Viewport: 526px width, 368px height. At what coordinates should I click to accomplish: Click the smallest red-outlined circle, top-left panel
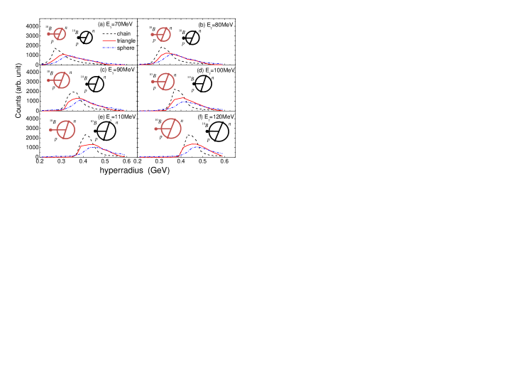pyautogui.click(x=60, y=34)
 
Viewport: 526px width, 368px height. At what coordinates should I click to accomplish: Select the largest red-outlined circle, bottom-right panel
pyautogui.click(x=171, y=129)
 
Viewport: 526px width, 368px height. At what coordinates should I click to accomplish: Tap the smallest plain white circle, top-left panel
pyautogui.click(x=86, y=38)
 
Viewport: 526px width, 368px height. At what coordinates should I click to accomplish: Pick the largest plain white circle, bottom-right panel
pyautogui.click(x=219, y=131)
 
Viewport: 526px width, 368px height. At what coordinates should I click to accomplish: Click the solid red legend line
pyautogui.click(x=109, y=40)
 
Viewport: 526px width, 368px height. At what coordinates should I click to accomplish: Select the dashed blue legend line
pyautogui.click(x=109, y=48)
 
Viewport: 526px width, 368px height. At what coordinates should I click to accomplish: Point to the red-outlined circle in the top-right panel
pyautogui.click(x=163, y=34)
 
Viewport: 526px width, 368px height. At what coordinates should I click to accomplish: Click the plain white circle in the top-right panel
pyautogui.click(x=192, y=38)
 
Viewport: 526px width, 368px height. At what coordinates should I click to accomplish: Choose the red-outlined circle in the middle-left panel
pyautogui.click(x=62, y=80)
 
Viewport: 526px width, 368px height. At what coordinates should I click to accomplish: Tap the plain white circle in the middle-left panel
pyautogui.click(x=96, y=84)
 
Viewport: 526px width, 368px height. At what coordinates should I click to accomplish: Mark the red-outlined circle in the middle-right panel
pyautogui.click(x=165, y=82)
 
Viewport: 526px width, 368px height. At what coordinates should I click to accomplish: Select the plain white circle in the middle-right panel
pyautogui.click(x=203, y=84)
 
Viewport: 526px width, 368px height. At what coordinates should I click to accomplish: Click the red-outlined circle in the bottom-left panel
pyautogui.click(x=65, y=129)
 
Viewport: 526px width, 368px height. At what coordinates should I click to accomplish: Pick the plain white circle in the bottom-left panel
pyautogui.click(x=106, y=131)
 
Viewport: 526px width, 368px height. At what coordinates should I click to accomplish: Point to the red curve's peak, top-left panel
pyautogui.click(x=64, y=54)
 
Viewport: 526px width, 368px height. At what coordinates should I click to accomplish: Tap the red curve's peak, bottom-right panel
pyautogui.click(x=193, y=144)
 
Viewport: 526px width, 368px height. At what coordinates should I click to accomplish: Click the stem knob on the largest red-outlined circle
pyautogui.click(x=156, y=129)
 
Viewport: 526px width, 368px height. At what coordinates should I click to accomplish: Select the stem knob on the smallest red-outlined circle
pyautogui.click(x=49, y=34)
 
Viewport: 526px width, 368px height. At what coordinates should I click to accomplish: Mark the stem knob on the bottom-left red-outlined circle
pyautogui.click(x=51, y=130)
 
